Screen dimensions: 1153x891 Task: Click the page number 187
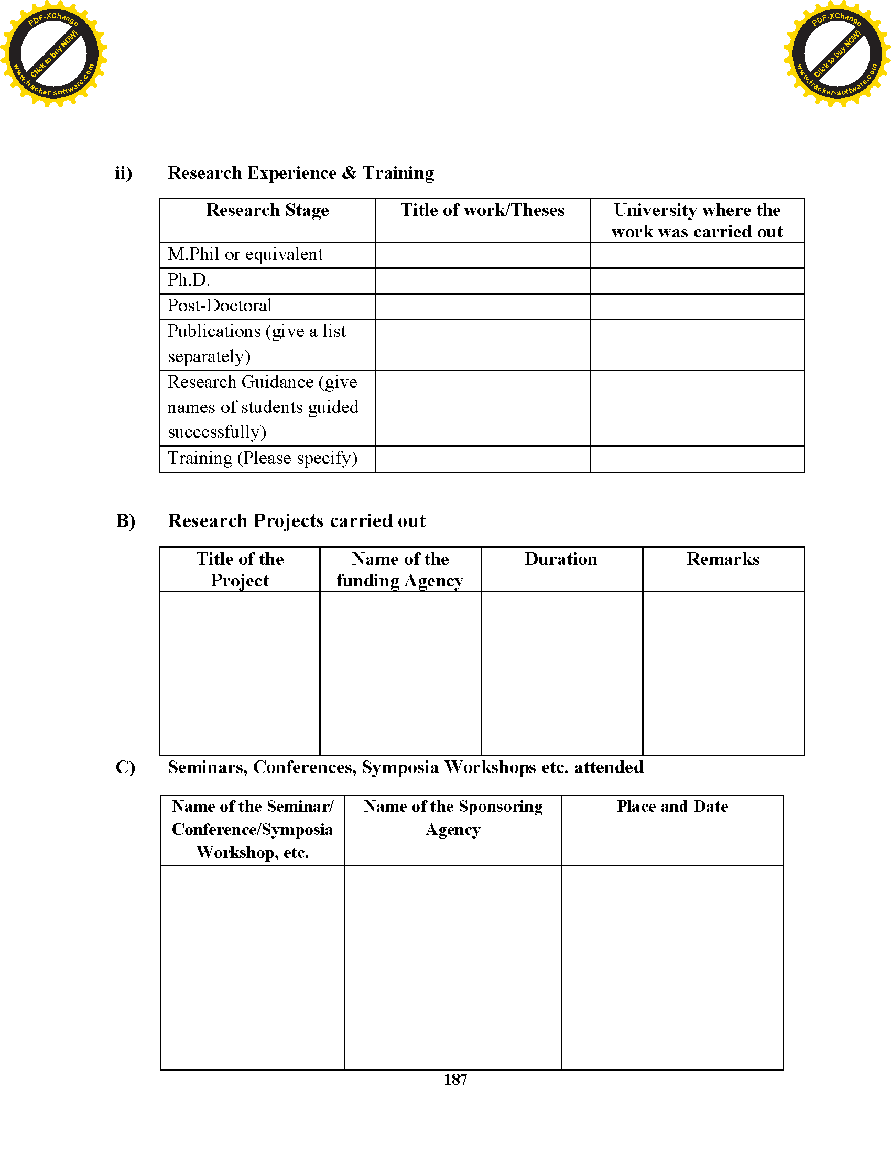coord(455,1080)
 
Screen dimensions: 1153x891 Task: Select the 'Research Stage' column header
coord(267,210)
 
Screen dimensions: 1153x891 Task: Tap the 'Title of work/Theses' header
coord(482,210)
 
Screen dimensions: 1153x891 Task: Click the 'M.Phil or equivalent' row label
coord(245,255)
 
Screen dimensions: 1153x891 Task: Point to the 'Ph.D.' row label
coord(189,280)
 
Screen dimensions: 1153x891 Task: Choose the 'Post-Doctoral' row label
coord(220,306)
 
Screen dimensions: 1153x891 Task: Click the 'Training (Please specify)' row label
coord(263,458)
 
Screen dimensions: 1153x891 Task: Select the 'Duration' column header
coord(561,559)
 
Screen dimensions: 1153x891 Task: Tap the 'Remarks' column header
coord(723,559)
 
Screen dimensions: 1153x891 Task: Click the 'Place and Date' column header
coord(672,807)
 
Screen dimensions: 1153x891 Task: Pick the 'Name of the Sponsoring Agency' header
coord(453,818)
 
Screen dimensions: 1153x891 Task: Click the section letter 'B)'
coord(126,521)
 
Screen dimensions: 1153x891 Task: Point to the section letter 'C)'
coord(126,767)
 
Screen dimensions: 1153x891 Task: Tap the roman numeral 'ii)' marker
coord(124,173)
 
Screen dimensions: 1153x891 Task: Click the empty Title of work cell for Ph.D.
coord(482,281)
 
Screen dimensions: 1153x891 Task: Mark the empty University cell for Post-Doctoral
coord(697,307)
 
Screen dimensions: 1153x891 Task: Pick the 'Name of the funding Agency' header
coord(400,570)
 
